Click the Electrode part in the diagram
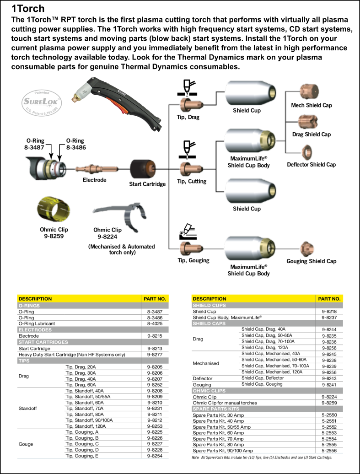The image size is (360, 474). (97, 169)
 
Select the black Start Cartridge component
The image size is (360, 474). (143, 169)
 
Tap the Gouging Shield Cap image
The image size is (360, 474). (307, 249)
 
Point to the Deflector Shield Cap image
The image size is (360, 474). (307, 152)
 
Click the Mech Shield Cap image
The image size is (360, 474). (309, 92)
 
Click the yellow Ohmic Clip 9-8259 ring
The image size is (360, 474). (54, 209)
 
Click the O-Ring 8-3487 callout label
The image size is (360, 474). (35, 144)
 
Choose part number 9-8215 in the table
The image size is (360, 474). (155, 336)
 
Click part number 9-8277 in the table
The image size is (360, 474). (155, 354)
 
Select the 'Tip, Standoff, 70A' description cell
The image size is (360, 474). (84, 409)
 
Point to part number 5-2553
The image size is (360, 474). (329, 432)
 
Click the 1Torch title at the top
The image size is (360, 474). (28, 8)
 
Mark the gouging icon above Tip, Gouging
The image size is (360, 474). (188, 232)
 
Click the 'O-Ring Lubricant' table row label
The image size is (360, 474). (37, 323)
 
